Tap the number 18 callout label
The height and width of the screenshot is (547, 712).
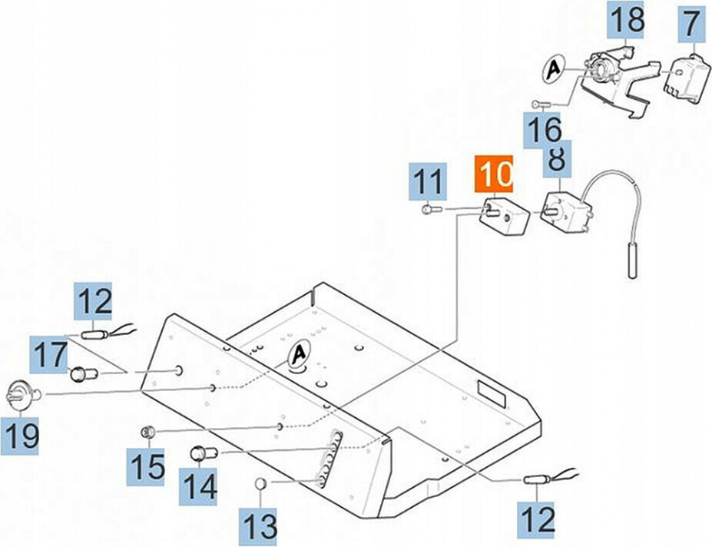[x=626, y=20]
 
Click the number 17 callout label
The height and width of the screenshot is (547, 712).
[x=53, y=354]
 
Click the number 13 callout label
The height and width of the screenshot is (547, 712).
[x=259, y=525]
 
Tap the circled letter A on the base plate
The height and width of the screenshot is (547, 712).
[x=298, y=356]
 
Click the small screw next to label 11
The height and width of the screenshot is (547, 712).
[x=428, y=208]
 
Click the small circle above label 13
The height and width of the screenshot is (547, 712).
[x=260, y=482]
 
